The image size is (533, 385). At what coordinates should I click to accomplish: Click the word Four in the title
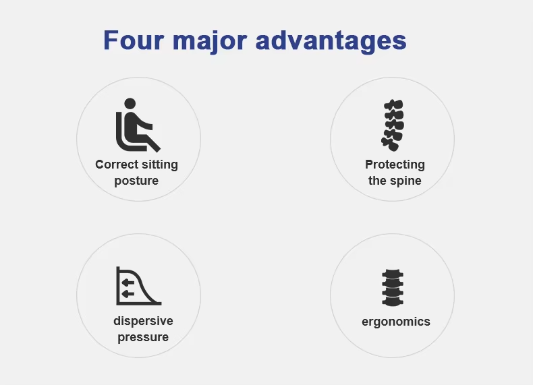(x=134, y=40)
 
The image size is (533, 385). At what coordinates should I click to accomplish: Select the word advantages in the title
(x=331, y=41)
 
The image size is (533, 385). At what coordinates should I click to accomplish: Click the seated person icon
(x=138, y=125)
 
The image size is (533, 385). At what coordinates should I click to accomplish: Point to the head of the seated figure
(x=130, y=104)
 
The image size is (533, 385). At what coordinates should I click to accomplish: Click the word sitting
(x=160, y=165)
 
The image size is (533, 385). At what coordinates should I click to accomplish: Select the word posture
(x=136, y=181)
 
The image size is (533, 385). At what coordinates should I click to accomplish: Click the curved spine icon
(x=393, y=125)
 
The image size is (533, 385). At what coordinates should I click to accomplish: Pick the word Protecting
(x=395, y=165)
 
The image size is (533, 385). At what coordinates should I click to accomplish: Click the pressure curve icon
(x=139, y=286)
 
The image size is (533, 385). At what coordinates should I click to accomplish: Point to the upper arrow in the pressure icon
(x=128, y=283)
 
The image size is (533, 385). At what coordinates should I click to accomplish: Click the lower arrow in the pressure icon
(x=128, y=294)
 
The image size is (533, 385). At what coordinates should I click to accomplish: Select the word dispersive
(x=143, y=321)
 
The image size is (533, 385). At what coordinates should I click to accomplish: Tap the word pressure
(x=143, y=337)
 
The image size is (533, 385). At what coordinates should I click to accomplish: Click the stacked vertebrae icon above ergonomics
(x=393, y=288)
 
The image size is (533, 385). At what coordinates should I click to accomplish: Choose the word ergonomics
(x=396, y=322)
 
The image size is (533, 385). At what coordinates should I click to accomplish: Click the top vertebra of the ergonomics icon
(x=393, y=274)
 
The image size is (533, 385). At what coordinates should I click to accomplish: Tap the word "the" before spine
(x=376, y=181)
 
